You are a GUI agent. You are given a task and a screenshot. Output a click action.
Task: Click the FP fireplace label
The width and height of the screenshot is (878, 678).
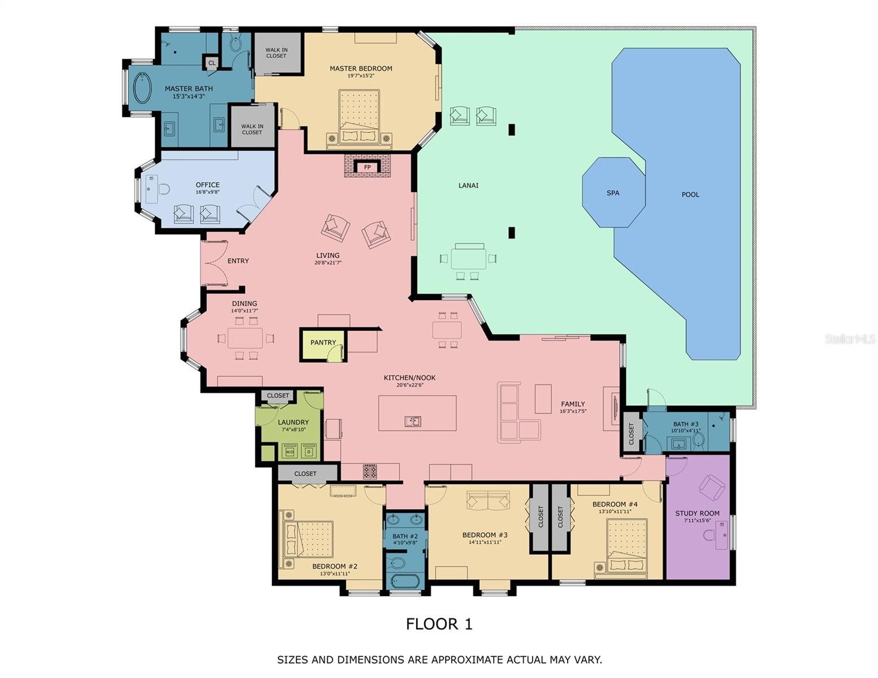tap(367, 167)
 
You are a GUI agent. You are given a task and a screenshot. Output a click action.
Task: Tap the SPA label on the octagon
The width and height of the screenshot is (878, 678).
tap(612, 193)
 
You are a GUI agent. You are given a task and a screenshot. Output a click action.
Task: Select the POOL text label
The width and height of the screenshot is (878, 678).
tap(690, 194)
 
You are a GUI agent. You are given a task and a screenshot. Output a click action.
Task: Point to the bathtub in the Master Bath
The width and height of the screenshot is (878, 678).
tap(142, 88)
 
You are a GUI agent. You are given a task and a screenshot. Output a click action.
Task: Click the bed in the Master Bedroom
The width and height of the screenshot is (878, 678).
tap(359, 116)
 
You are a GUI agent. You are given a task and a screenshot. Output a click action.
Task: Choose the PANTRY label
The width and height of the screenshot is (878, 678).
tap(323, 342)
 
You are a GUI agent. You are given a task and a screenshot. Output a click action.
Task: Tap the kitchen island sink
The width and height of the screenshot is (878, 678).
tap(413, 421)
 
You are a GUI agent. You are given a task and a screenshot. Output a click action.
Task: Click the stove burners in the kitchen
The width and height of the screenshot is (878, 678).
tap(370, 472)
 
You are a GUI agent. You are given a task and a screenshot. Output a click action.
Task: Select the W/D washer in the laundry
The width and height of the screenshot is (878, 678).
tap(289, 451)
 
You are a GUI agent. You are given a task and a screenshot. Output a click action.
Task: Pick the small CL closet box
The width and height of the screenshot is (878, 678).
tap(211, 63)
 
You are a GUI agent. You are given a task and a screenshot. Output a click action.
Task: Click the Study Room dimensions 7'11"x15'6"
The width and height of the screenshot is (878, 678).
tap(697, 520)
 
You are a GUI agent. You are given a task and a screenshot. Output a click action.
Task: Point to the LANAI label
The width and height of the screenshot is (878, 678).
tap(468, 186)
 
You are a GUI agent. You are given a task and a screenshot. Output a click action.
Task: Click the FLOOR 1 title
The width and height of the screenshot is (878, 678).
tap(439, 624)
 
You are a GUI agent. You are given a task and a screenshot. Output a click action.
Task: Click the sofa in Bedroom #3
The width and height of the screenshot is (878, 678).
tap(488, 501)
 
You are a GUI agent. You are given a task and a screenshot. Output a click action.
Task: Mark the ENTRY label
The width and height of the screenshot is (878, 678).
tap(238, 261)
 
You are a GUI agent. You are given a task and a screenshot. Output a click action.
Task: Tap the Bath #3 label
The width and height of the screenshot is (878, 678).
tap(686, 424)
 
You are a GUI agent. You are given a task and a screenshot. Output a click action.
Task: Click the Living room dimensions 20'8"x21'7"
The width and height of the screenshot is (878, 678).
tap(328, 263)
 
